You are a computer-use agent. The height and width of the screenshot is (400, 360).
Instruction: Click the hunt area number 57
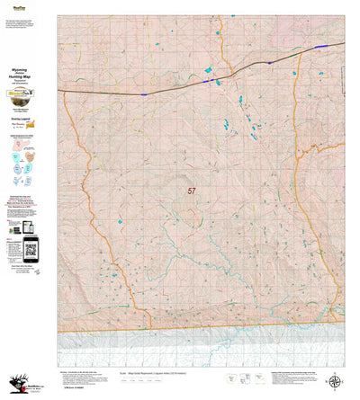click(192, 191)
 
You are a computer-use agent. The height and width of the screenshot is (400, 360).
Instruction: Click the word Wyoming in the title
click(29, 67)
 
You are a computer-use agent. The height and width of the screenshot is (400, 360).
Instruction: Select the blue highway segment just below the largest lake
click(209, 82)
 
